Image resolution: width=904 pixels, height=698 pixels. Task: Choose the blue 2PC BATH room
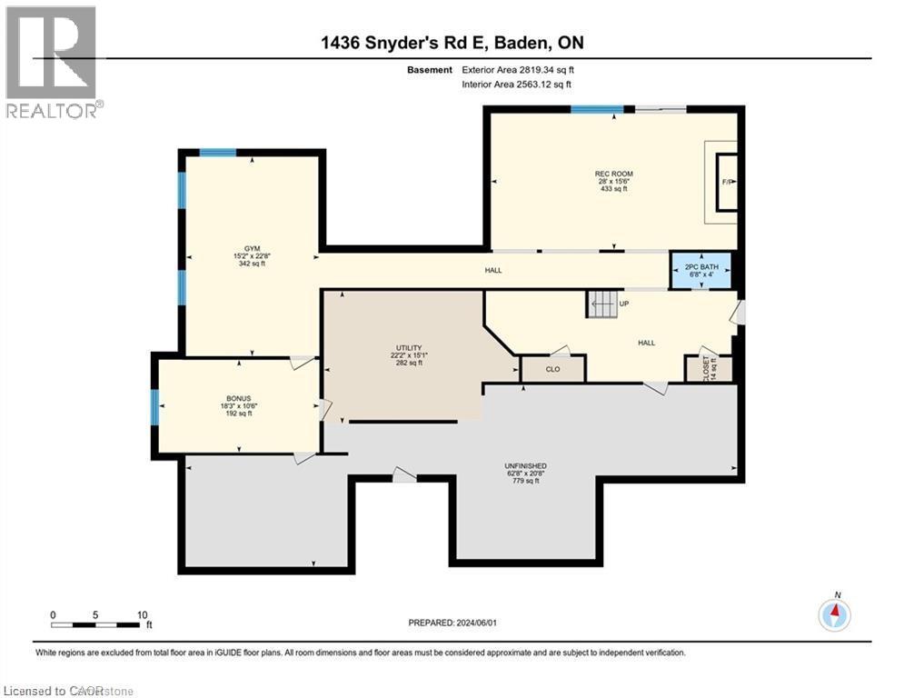click(701, 270)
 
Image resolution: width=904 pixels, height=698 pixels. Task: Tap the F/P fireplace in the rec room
click(727, 183)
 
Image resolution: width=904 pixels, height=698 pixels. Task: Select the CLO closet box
click(552, 369)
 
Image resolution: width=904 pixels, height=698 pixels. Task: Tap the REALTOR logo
click(52, 62)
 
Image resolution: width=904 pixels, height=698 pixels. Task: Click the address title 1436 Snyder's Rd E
click(451, 44)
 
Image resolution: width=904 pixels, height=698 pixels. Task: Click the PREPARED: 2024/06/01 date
click(454, 623)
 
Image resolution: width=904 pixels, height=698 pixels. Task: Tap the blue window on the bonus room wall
click(154, 406)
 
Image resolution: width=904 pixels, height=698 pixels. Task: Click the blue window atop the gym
click(218, 153)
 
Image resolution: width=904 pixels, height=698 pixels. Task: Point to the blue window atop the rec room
click(597, 109)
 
